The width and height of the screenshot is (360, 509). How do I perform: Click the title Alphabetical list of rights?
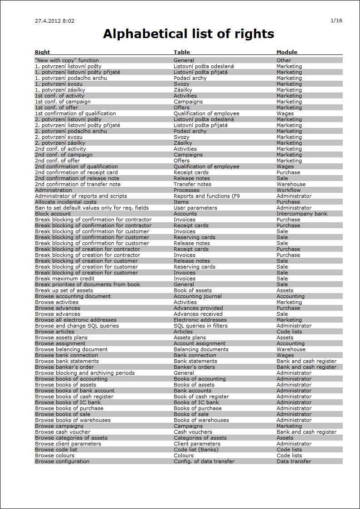pyautogui.click(x=188, y=34)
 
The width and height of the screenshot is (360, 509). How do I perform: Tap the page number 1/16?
pyautogui.click(x=336, y=20)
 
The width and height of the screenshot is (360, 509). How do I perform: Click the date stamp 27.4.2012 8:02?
pyautogui.click(x=54, y=21)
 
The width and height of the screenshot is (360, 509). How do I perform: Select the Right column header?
pyautogui.click(x=42, y=52)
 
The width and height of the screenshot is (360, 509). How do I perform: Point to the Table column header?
pyautogui.click(x=181, y=52)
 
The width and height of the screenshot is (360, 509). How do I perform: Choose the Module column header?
pyautogui.click(x=287, y=52)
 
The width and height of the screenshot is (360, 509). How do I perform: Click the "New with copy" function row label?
pyautogui.click(x=67, y=60)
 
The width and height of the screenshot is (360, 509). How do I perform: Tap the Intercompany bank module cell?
pyautogui.click(x=302, y=214)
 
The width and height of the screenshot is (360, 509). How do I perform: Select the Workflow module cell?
pyautogui.click(x=288, y=190)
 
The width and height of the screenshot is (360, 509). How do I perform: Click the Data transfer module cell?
pyautogui.click(x=294, y=461)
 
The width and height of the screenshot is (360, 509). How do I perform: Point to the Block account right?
pyautogui.click(x=53, y=214)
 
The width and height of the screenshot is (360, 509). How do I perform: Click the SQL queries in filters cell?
pyautogui.click(x=200, y=326)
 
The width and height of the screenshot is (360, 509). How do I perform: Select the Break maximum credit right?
pyautogui.click(x=64, y=279)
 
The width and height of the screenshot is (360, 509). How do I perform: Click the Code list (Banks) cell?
pyautogui.click(x=196, y=450)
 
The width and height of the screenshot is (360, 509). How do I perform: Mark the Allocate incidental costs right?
pyautogui.click(x=65, y=202)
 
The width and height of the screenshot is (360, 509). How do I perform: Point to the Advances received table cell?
pyautogui.click(x=198, y=314)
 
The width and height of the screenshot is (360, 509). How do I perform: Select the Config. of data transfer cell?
pyautogui.click(x=204, y=461)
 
